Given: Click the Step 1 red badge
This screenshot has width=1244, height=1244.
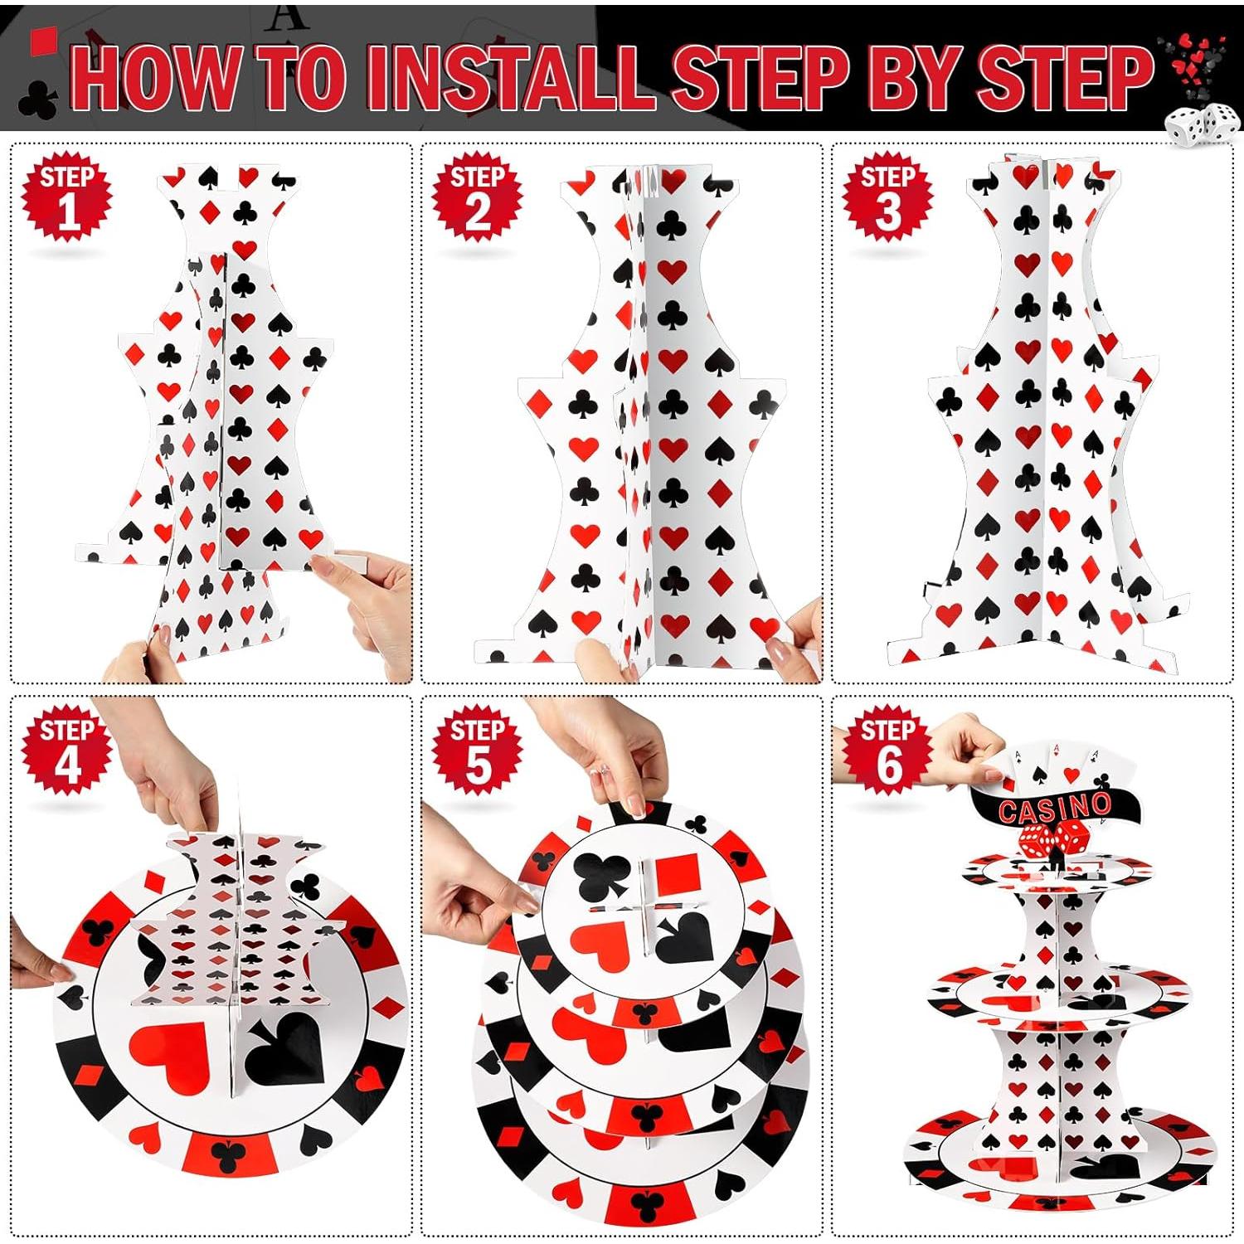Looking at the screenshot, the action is tap(67, 198).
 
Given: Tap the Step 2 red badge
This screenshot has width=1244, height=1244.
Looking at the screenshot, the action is tap(477, 198).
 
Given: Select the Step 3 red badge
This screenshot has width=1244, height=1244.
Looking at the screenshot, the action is tap(887, 198).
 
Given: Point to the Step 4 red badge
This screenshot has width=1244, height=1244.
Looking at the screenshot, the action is tap(67, 753).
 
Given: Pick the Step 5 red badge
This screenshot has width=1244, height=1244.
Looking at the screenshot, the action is tap(477, 753).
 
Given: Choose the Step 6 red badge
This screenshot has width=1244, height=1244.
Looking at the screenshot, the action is tap(887, 753).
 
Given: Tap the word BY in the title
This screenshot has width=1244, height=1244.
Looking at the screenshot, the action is tap(911, 78).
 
